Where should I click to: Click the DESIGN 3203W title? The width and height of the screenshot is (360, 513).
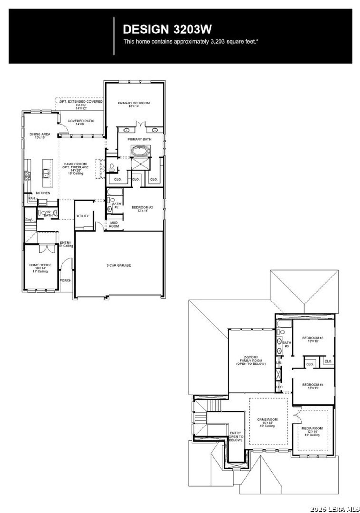pos(167,29)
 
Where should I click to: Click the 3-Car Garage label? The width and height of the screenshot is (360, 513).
pos(118,265)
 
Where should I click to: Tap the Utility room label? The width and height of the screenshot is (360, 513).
pos(83,216)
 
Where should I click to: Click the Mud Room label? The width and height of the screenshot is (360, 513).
pos(114,224)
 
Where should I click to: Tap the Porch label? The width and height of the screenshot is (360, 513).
pos(66,280)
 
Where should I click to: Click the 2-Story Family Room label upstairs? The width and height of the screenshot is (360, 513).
pos(251,361)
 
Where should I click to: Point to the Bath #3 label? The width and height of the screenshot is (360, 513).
pos(287,345)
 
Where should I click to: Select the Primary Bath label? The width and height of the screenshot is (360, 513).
pos(139,139)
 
